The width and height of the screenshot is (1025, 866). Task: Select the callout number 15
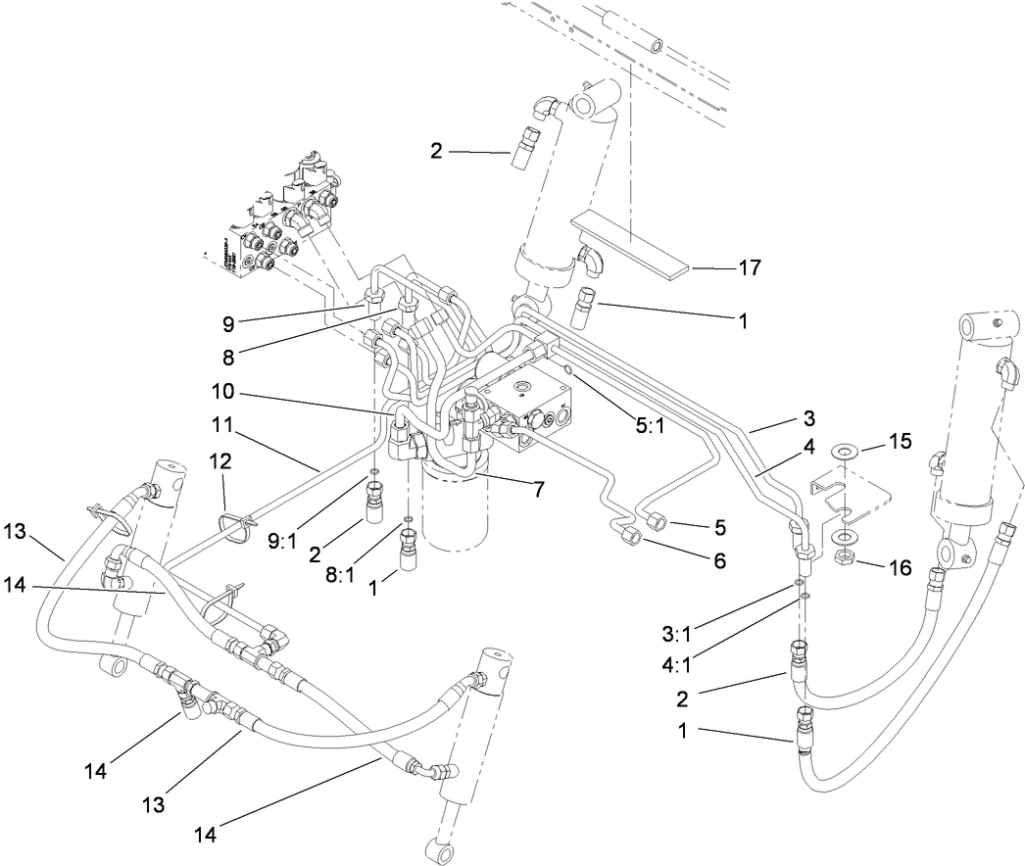point(900,443)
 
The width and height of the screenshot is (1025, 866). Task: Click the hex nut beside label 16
point(846,559)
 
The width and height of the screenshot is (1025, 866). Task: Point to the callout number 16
point(900,567)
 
